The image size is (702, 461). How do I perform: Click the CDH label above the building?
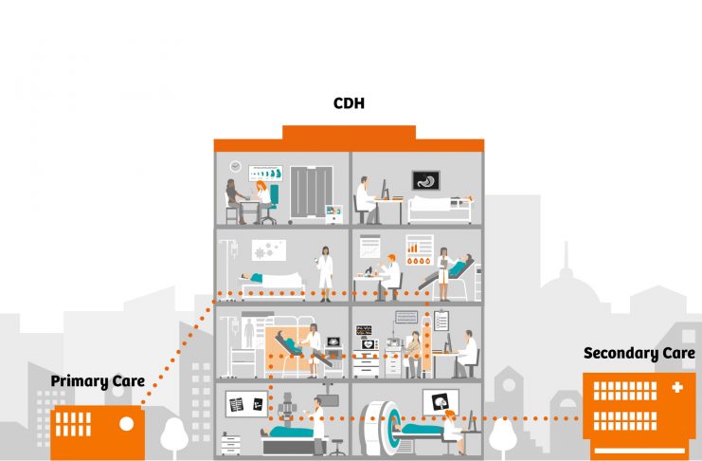349,102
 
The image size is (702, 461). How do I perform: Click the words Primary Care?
98,382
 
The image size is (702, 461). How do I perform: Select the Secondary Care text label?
639,354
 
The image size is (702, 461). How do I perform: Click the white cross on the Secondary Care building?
675,389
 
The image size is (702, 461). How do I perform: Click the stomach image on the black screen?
425,179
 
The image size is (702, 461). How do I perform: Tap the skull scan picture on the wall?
439,402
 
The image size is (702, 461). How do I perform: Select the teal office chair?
271,197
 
